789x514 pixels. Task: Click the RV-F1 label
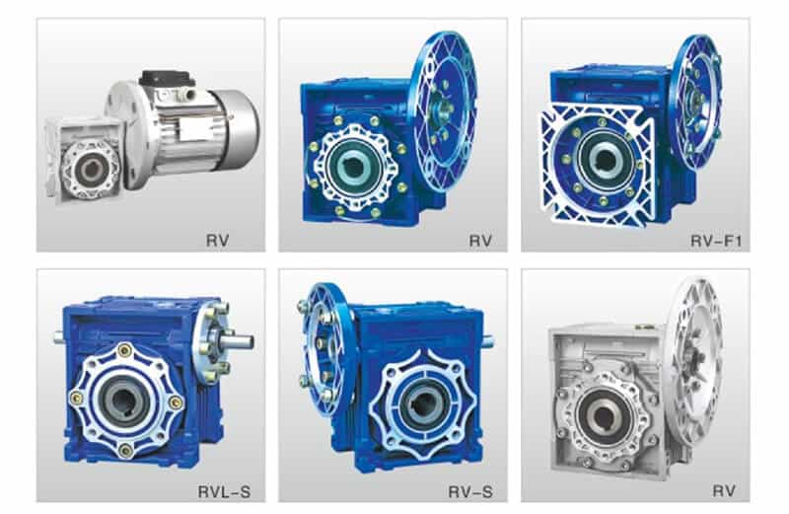click(x=716, y=241)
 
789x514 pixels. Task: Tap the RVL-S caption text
click(x=225, y=491)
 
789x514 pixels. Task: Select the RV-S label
click(x=470, y=491)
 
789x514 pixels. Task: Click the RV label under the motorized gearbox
click(x=217, y=240)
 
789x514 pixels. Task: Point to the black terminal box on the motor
click(x=167, y=79)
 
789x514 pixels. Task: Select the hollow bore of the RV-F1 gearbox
click(x=604, y=160)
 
